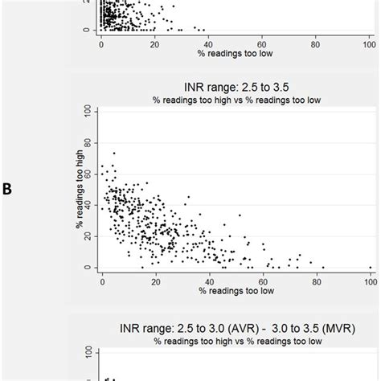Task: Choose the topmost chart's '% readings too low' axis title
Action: pyautogui.click(x=235, y=53)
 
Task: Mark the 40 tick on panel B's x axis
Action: pyautogui.click(x=209, y=280)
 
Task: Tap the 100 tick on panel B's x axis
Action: pyautogui.click(x=370, y=280)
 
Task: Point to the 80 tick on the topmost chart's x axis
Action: pyautogui.click(x=316, y=42)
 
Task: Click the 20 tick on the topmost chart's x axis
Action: pyautogui.click(x=155, y=42)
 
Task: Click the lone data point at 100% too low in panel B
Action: pyautogui.click(x=370, y=267)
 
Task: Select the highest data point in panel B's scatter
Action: pyautogui.click(x=113, y=151)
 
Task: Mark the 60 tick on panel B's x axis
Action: pyautogui.click(x=263, y=280)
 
